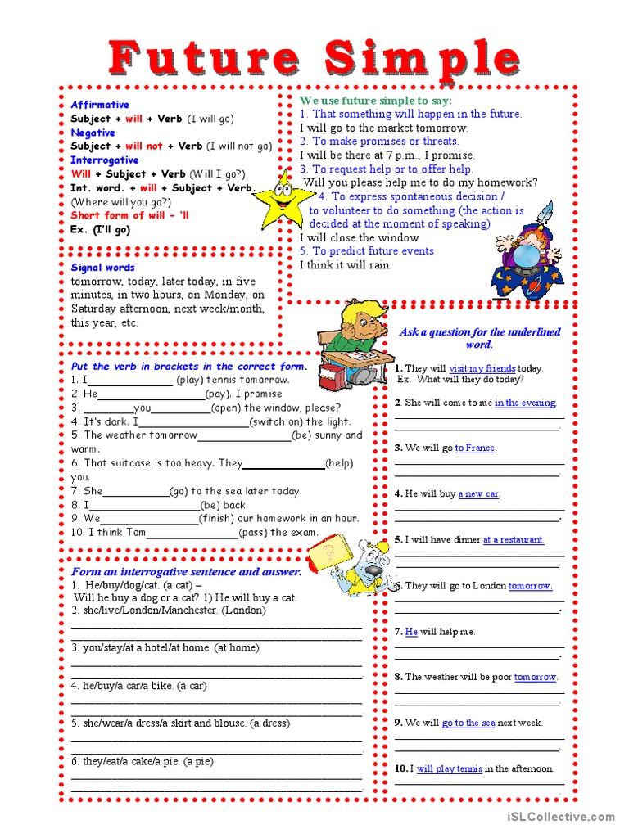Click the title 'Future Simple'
tap(314, 58)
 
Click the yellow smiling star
tap(282, 199)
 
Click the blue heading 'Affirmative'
tap(100, 105)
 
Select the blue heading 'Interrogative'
tap(104, 160)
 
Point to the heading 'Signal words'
tap(103, 268)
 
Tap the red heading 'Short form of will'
tap(118, 215)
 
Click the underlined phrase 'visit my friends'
tap(483, 368)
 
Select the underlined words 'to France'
tap(476, 448)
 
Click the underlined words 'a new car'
tap(478, 493)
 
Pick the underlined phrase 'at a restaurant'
tap(514, 539)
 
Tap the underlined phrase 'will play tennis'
tap(449, 768)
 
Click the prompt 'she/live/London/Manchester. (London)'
tap(168, 610)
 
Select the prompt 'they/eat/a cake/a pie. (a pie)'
tap(142, 761)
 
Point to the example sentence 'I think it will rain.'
tap(346, 265)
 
